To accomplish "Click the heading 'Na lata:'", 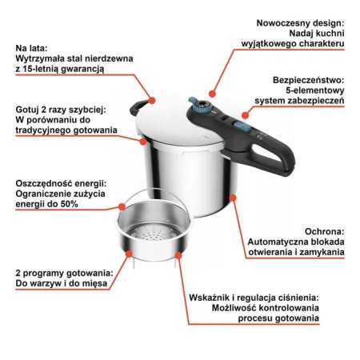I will (x=35, y=48).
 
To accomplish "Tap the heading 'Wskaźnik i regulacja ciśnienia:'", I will (x=254, y=297).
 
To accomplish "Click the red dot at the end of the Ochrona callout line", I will (x=233, y=194).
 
